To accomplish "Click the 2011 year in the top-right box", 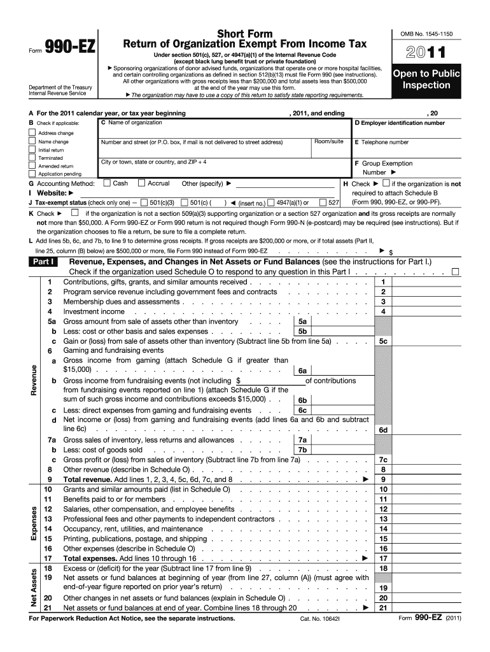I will tap(424, 53).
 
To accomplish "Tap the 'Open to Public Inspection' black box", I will tap(425, 79).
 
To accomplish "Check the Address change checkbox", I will tap(32, 133).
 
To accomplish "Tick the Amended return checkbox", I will tap(32, 166).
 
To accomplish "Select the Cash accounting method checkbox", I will tap(106, 183).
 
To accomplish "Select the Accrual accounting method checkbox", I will tap(141, 183).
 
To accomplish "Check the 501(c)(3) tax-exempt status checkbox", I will tap(144, 202).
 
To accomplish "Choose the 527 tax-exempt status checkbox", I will tap(323, 202).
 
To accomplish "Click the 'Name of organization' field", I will tap(223, 127).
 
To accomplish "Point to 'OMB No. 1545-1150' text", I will tap(424, 33).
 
